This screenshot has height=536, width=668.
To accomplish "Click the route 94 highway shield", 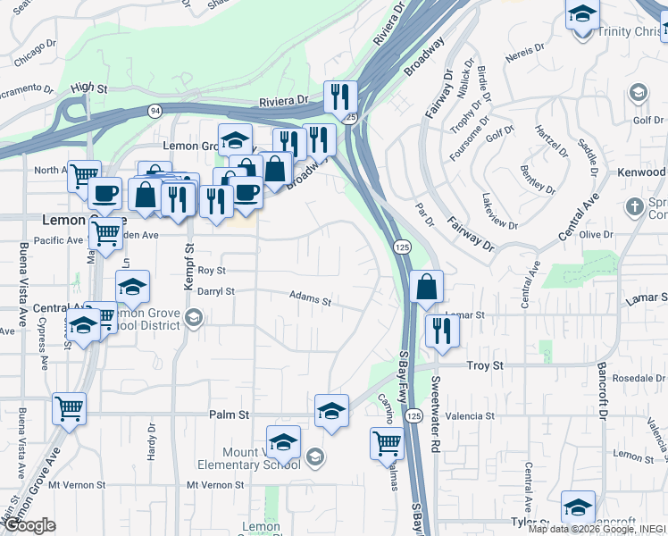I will [155, 110].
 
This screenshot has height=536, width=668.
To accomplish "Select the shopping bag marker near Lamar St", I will [428, 287].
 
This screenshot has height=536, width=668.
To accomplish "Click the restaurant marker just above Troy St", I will [442, 330].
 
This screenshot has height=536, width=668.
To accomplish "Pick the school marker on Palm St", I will [331, 411].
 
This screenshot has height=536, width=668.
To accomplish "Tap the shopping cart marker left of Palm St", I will [69, 408].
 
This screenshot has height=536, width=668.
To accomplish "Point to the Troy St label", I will [486, 366].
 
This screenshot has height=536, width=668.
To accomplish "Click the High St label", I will [88, 88].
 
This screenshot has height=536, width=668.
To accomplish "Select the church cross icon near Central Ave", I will [635, 207].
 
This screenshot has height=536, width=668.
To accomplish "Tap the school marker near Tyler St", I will [578, 506].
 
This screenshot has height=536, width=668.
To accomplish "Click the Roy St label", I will [212, 270].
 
